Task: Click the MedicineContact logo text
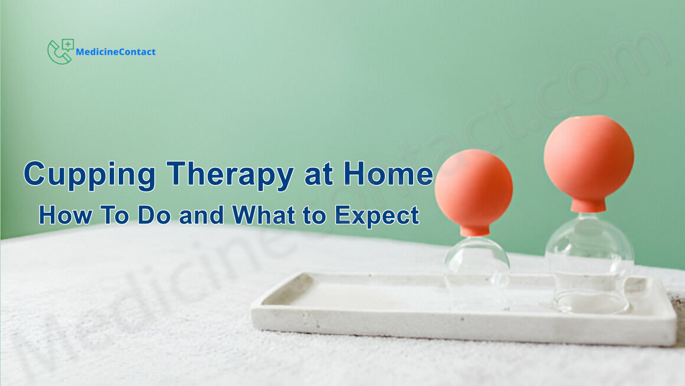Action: tap(116, 52)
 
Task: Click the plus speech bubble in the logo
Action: tap(67, 44)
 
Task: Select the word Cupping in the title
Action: tap(89, 175)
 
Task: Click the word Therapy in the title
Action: tap(230, 175)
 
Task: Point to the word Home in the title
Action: tap(389, 174)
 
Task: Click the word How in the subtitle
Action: tap(65, 215)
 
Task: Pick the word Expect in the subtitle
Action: tap(377, 216)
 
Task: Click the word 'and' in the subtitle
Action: tap(201, 215)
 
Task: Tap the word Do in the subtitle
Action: tap(154, 215)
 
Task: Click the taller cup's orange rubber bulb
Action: tap(589, 157)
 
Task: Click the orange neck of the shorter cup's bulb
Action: tap(475, 231)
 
